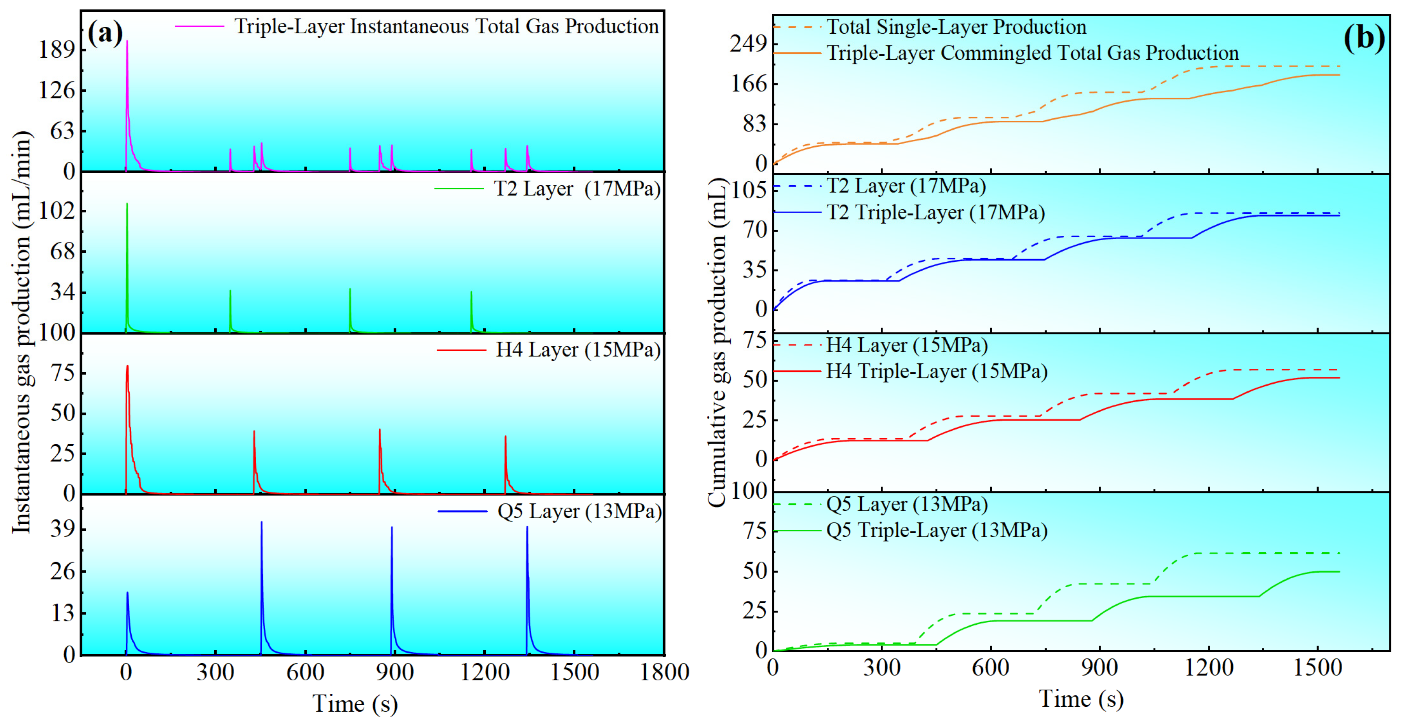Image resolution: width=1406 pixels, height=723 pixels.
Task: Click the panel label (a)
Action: coord(105,34)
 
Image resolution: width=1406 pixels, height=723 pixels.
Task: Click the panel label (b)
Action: coord(1363,38)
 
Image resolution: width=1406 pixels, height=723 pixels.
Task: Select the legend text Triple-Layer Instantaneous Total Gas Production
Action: coord(446,26)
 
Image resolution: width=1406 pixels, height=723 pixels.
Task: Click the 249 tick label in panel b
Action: coord(749,43)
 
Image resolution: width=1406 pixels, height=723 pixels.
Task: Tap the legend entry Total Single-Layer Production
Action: coord(956,27)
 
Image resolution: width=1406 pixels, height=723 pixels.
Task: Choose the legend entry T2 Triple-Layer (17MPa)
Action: coord(936,212)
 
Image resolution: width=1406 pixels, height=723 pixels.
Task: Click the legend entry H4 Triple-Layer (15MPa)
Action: coord(936,371)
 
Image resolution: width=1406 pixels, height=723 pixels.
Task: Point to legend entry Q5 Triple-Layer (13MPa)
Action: coord(936,530)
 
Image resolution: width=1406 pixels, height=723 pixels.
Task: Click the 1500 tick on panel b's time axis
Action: coord(1317,668)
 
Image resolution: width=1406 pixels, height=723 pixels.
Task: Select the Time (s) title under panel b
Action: coord(1081,699)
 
